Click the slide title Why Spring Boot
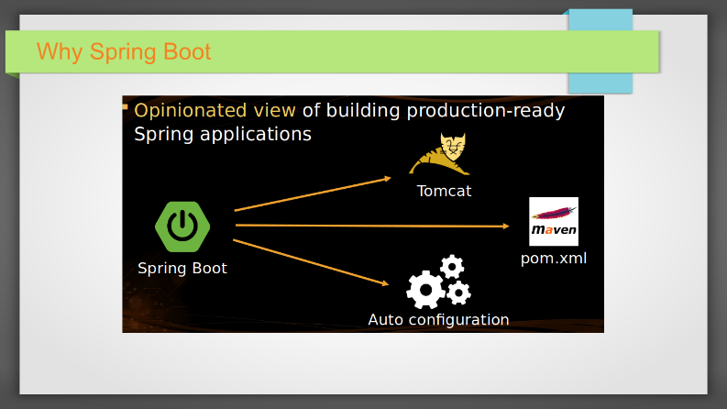[124, 51]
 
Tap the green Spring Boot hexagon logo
[182, 227]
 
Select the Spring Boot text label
[182, 268]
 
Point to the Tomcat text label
[444, 191]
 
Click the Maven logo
[554, 222]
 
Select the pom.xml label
[554, 259]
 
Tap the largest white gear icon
[425, 290]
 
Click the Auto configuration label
[438, 320]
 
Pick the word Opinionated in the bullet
[190, 111]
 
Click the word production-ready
[486, 111]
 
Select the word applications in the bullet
[256, 135]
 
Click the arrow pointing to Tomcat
[313, 193]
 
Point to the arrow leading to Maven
[372, 226]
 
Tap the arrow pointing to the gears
[311, 262]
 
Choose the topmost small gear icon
[452, 267]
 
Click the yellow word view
[274, 111]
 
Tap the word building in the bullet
[362, 111]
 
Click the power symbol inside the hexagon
[182, 226]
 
